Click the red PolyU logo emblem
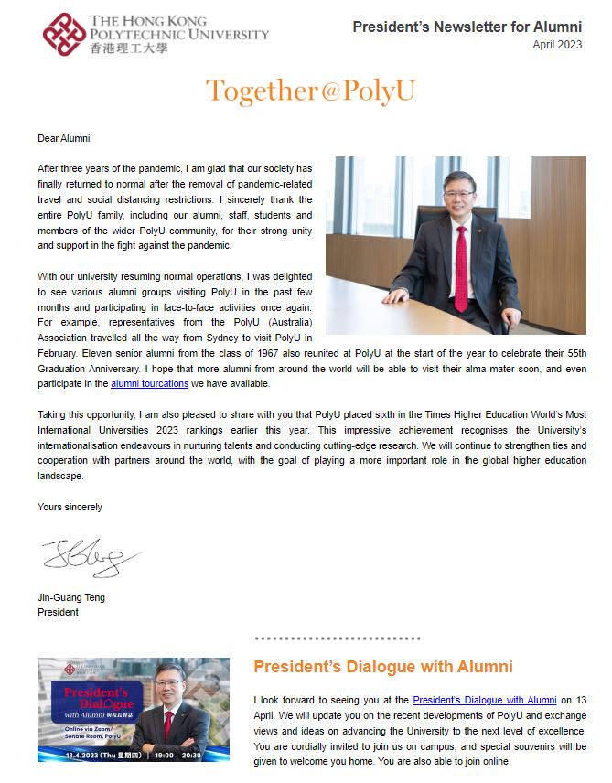(64, 34)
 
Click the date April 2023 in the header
(557, 45)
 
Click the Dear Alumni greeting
(64, 139)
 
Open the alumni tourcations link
(149, 384)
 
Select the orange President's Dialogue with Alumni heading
(382, 667)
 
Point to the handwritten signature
(90, 557)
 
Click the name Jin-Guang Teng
(70, 598)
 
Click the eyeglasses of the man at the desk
(456, 196)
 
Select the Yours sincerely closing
(70, 507)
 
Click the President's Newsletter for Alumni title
(467, 27)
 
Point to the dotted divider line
(337, 638)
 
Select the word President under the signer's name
(58, 613)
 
